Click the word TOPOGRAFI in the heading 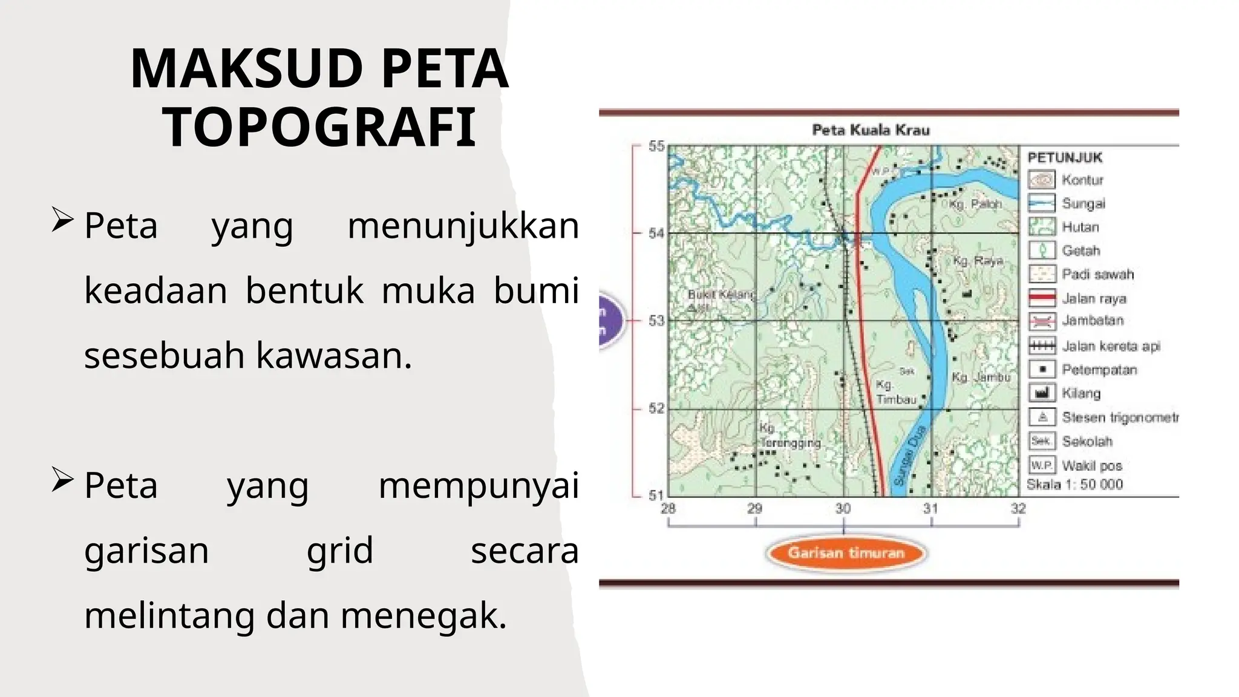(x=319, y=128)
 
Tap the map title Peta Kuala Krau (x=871, y=130)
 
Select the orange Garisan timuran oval (x=846, y=553)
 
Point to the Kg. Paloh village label (x=975, y=205)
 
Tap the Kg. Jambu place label (x=981, y=378)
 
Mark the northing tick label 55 (x=656, y=146)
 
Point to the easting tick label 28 (x=668, y=509)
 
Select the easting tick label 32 (x=1018, y=509)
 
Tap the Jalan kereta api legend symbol (x=1042, y=345)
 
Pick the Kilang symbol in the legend (x=1042, y=393)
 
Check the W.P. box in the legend (x=1042, y=465)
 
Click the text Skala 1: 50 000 (x=1074, y=485)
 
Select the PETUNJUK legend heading (x=1065, y=158)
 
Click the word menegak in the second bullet (x=423, y=616)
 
